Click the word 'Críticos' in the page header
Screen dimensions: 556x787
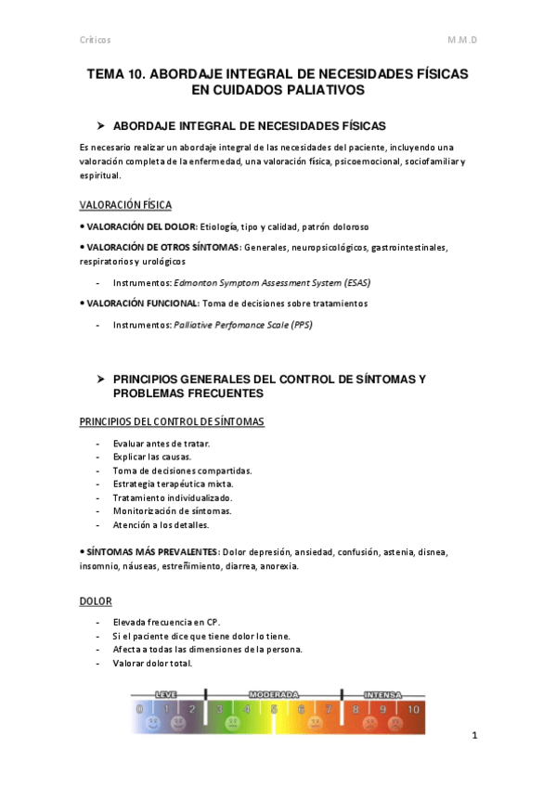[x=95, y=40]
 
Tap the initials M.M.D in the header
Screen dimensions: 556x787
[x=468, y=40]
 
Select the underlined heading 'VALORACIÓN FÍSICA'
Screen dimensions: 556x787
[x=125, y=205]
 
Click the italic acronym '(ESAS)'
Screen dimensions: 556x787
[x=363, y=282]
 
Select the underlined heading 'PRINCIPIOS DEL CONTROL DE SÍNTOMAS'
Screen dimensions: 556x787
[x=172, y=422]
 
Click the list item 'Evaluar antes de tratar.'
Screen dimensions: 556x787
[x=162, y=444]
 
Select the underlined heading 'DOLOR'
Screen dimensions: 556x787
[x=96, y=601]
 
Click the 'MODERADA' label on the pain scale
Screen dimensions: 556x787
[x=274, y=694]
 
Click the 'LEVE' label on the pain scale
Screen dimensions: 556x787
[x=166, y=694]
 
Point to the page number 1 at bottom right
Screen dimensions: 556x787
[x=473, y=737]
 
